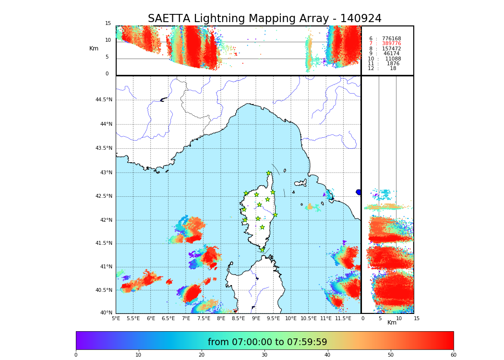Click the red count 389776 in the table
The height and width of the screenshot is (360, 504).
point(391,44)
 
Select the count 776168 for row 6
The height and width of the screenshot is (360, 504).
point(391,39)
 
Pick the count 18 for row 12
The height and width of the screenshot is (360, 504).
point(393,69)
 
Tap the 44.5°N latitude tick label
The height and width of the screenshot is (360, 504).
point(104,100)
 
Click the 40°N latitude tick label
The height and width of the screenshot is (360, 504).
point(106,313)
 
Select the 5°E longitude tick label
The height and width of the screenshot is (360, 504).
point(116,319)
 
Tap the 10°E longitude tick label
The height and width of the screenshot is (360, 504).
point(291,319)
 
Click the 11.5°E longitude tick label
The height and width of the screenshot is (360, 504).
point(343,319)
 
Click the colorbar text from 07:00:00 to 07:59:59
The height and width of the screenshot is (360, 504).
point(267,342)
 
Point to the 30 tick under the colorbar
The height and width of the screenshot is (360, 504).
point(264,355)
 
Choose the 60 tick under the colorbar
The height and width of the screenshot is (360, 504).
point(453,355)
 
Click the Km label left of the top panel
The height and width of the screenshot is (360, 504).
point(94,48)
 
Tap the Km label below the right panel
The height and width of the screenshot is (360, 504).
point(392,323)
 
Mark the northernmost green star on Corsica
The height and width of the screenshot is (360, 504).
point(269,173)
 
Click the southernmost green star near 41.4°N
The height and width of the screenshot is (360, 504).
point(262,250)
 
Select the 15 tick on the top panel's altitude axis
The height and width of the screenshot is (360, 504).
point(108,24)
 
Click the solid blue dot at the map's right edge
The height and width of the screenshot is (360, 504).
point(359,192)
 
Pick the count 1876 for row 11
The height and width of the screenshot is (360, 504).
point(393,64)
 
